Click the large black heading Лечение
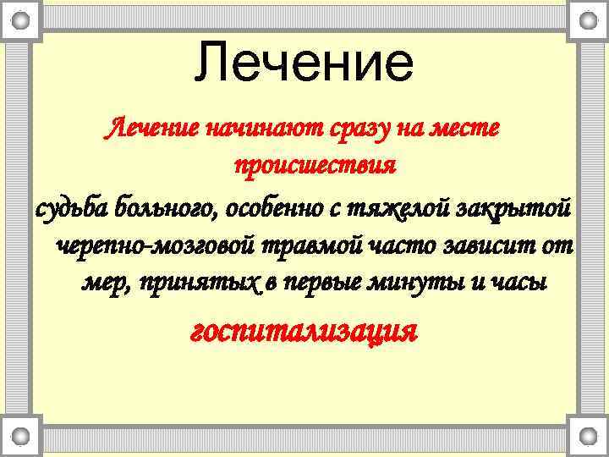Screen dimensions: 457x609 304,63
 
